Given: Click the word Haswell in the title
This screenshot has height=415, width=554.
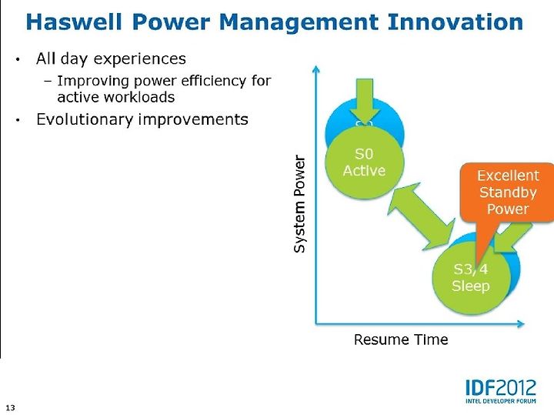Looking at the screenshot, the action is (74, 22).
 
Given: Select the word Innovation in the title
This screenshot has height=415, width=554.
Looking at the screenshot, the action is (455, 22).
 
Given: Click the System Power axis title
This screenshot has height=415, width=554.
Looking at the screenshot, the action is (299, 204).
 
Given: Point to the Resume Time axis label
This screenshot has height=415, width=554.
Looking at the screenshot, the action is (401, 340).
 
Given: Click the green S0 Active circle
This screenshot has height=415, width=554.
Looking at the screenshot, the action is (365, 161).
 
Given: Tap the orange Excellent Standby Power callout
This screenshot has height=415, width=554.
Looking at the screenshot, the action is (507, 192).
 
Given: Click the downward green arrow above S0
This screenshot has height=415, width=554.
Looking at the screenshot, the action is (365, 100).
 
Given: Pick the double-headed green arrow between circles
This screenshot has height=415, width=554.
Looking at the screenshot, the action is (421, 216).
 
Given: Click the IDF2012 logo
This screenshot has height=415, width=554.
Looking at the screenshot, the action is (501, 391).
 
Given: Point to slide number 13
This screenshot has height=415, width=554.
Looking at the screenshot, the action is (11, 407).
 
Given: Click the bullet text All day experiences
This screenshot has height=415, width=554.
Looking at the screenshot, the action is (111, 59).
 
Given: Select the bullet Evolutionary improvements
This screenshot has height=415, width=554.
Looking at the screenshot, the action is (142, 119).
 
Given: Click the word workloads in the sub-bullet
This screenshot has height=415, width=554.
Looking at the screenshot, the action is (145, 97).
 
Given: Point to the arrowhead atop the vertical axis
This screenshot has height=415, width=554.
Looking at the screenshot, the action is (316, 69).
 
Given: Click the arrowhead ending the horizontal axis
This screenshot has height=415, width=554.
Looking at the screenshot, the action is (521, 323).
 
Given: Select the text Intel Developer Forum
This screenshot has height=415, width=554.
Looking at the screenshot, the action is (501, 401).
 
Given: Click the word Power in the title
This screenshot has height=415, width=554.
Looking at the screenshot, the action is (171, 22).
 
